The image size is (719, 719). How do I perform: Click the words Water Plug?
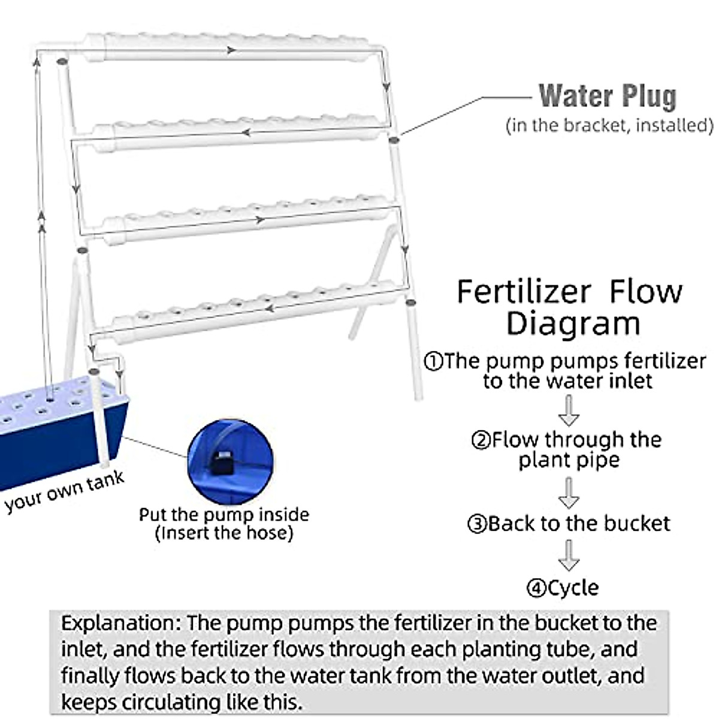[x=607, y=96]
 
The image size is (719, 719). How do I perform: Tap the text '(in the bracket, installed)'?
[x=609, y=126]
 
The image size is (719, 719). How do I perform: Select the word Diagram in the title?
[x=573, y=324]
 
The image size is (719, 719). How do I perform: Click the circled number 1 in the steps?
[x=433, y=362]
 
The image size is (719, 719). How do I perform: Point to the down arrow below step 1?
[x=569, y=411]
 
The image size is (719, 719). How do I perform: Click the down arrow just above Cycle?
[x=569, y=555]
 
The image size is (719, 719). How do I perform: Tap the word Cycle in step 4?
[x=573, y=588]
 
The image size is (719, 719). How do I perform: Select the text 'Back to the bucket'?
[x=579, y=524]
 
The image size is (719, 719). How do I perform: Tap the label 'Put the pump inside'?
[x=224, y=515]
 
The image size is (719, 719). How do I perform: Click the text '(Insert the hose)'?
[x=224, y=533]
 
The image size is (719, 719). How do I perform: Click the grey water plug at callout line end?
[x=394, y=140]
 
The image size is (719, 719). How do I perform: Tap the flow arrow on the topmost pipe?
[x=231, y=51]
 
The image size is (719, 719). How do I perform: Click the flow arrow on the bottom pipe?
[x=270, y=309]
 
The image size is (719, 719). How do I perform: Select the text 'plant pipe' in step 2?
[x=569, y=460]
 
